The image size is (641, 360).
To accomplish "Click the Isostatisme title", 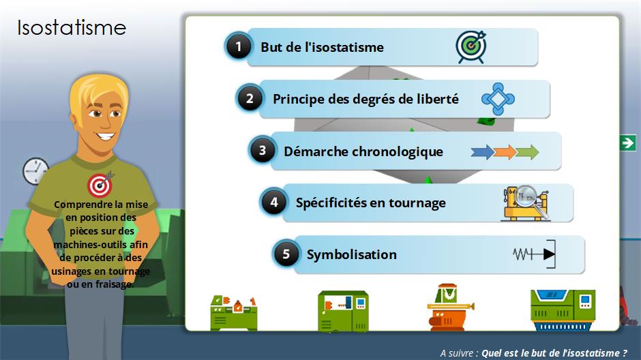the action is (72, 28).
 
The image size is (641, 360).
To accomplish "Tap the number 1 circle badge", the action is (239, 46).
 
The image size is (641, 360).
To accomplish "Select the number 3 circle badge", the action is (262, 151).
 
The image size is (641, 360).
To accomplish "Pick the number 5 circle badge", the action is (286, 254).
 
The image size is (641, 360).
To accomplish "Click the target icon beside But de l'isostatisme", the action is (471, 46).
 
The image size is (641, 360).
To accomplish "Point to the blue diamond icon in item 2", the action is (498, 99).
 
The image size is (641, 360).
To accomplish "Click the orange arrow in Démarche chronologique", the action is (505, 152).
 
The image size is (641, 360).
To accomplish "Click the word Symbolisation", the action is (352, 254).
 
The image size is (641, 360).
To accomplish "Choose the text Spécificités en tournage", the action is (371, 202).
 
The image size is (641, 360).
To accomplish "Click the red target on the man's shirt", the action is (100, 185).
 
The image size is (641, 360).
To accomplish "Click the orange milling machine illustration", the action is (449, 307).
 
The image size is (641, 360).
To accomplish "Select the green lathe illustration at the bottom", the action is (234, 312).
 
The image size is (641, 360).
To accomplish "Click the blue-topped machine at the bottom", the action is (563, 310).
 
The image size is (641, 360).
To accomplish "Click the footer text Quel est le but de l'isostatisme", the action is (554, 353).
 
